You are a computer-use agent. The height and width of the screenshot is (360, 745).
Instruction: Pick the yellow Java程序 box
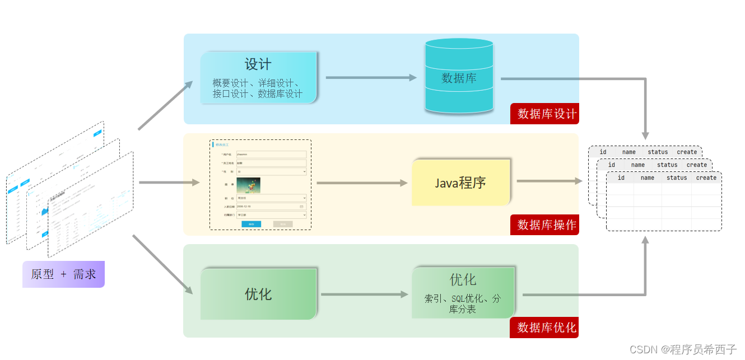tap(460, 183)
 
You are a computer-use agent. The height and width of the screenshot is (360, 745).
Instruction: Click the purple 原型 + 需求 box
tap(63, 274)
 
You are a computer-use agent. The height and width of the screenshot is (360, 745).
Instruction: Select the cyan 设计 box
tap(258, 77)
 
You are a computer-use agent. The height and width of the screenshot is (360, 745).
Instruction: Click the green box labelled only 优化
tap(258, 294)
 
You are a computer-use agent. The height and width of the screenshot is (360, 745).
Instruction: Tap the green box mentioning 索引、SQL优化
tap(463, 293)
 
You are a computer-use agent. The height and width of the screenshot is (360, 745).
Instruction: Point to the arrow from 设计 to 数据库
tap(370, 77)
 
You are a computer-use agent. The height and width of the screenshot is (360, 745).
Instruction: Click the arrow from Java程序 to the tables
tap(549, 181)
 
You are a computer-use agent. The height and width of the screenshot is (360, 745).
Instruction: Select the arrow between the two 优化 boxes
tap(364, 294)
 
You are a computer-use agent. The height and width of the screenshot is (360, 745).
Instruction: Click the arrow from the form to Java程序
tap(361, 183)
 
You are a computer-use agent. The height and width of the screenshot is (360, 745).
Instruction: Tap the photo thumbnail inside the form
tap(248, 186)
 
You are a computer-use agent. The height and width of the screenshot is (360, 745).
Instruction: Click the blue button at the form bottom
tap(251, 224)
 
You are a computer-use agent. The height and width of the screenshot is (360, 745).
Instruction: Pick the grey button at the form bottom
tap(283, 224)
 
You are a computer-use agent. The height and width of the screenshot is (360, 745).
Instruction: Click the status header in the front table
tap(677, 177)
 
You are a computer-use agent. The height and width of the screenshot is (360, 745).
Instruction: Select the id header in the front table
tap(621, 177)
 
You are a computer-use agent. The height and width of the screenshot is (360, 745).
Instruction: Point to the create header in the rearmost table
tap(687, 152)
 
